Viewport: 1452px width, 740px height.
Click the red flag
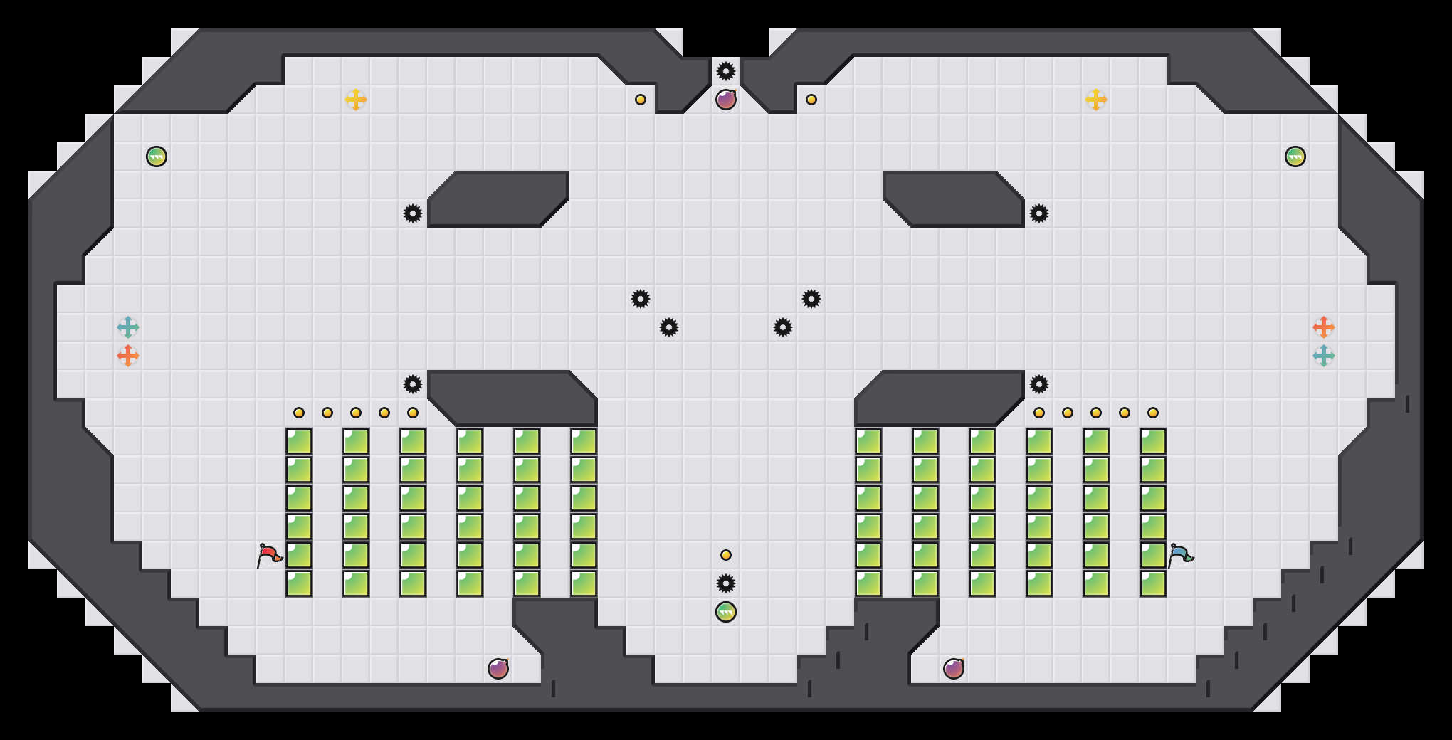269,554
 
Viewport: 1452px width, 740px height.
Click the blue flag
1180,554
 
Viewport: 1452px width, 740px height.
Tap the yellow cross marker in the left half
356,100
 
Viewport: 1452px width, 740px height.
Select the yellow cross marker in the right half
1096,100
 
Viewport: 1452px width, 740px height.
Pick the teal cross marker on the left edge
128,327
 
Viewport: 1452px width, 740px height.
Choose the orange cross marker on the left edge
128,356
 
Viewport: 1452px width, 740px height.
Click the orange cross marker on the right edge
1324,327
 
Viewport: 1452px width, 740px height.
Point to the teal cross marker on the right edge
1324,356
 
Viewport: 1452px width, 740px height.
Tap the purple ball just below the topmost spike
726,100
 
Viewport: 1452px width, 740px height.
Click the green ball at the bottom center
726,612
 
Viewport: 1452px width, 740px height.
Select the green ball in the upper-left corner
157,157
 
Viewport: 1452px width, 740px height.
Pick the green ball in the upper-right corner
1295,157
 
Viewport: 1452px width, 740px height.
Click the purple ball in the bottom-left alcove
498,669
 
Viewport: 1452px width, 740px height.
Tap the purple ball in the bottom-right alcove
954,669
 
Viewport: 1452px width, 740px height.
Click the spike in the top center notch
726,71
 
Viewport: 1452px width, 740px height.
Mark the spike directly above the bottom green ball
726,583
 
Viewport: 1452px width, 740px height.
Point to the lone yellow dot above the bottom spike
726,555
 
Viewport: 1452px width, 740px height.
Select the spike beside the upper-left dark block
413,213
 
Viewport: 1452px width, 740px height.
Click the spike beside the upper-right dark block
1039,213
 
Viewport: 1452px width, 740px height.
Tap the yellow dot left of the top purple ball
641,100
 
